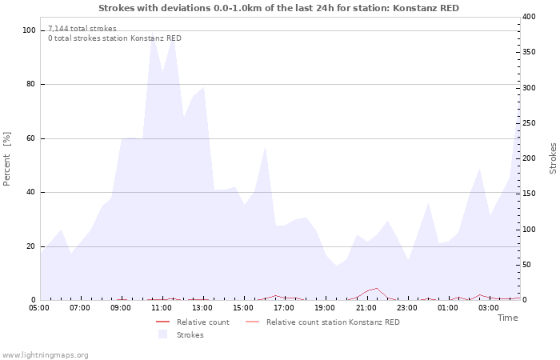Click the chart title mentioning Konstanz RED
279,7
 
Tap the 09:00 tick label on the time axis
121,307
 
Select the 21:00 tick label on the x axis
366,307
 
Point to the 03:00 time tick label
489,307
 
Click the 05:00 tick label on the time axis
39,307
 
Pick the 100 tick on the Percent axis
30,30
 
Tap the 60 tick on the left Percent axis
31,138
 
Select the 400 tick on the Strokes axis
529,17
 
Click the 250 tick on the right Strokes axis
529,123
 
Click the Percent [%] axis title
7,159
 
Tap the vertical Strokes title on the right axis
553,158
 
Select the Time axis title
507,318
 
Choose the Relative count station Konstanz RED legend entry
332,322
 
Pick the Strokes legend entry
190,335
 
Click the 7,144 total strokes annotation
82,29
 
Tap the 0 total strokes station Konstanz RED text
114,38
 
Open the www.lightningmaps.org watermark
45,354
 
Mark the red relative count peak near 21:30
377,288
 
